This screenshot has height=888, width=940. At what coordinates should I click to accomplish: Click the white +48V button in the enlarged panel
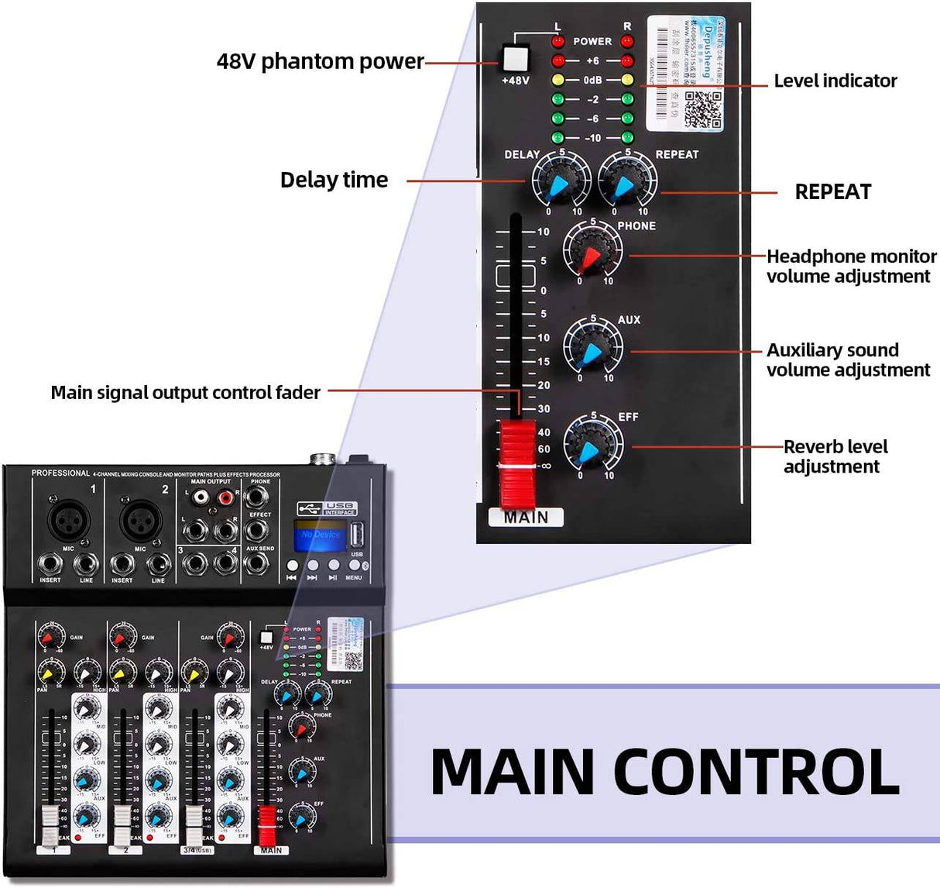point(516,58)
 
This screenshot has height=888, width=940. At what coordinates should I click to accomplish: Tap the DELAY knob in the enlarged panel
point(561,181)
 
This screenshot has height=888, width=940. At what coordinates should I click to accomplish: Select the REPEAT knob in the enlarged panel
point(626,181)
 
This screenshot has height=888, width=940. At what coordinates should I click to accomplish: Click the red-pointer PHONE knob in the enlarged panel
point(592,252)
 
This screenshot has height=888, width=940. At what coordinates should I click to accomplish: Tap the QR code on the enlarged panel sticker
point(703,108)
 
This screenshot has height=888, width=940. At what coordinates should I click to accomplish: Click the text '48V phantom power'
point(320,62)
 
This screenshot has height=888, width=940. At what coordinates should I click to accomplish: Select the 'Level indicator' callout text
point(835,81)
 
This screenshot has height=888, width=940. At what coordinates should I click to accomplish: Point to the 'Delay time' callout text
point(334,181)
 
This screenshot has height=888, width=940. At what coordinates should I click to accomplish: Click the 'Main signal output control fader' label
point(185,393)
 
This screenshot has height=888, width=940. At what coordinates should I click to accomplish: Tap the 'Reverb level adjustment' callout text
point(835,456)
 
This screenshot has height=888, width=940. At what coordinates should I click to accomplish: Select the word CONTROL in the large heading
point(756,771)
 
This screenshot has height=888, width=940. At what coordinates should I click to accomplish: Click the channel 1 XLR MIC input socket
point(68,520)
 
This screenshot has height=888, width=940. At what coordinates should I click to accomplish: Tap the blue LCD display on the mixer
point(320,535)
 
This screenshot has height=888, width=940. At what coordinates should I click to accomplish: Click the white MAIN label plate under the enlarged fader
point(526,517)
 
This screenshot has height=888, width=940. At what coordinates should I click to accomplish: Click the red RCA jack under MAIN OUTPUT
point(226,497)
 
